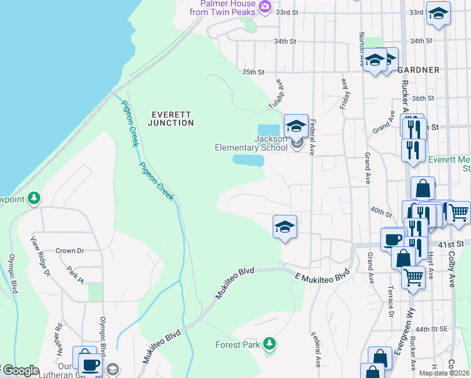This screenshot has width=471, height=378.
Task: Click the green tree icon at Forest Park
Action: (270, 343)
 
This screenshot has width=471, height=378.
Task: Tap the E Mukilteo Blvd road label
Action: (322, 276)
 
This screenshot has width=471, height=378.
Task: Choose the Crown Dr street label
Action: (70, 250)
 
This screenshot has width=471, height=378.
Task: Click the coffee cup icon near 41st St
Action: (393, 239)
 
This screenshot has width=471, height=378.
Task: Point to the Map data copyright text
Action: (443, 373)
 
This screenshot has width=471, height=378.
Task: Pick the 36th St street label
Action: (423, 98)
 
